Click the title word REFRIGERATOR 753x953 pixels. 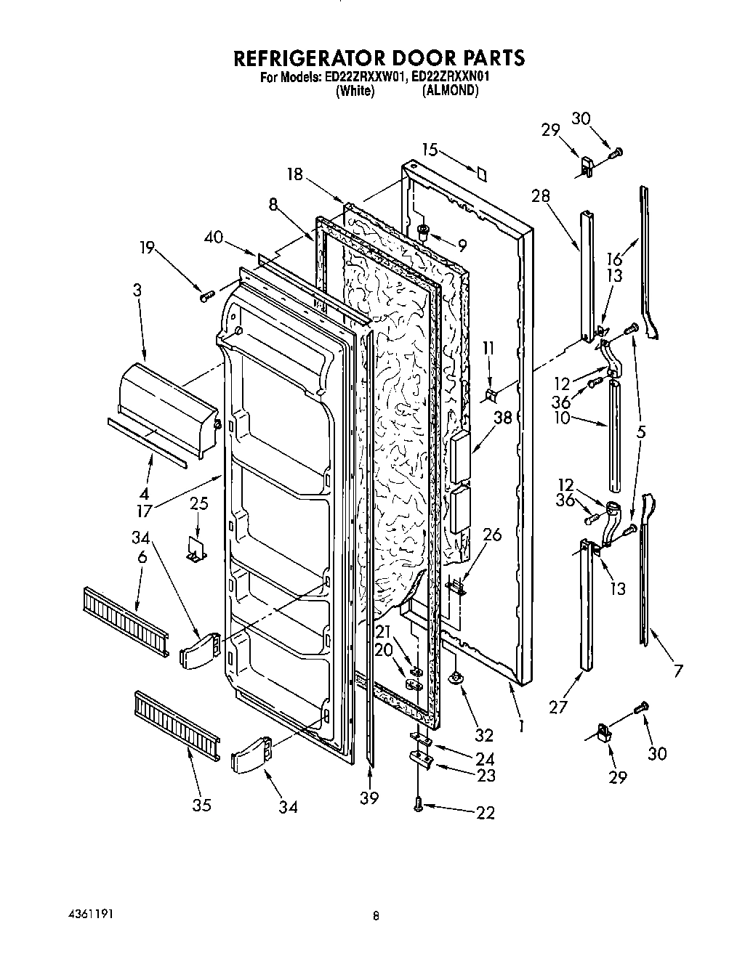tap(305, 57)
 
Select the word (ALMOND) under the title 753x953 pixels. tap(451, 91)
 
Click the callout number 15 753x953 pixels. tap(430, 150)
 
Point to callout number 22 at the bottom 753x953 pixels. tap(486, 813)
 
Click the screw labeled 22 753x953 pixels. tap(419, 804)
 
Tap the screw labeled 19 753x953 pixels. tap(206, 294)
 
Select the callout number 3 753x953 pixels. tap(137, 291)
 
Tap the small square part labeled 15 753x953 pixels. tap(481, 173)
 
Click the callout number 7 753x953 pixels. tap(678, 670)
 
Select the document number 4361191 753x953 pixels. tap(86, 913)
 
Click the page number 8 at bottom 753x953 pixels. tap(376, 917)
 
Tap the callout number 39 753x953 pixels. tap(370, 798)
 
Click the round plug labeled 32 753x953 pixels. tap(456, 678)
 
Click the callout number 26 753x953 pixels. tap(492, 535)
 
